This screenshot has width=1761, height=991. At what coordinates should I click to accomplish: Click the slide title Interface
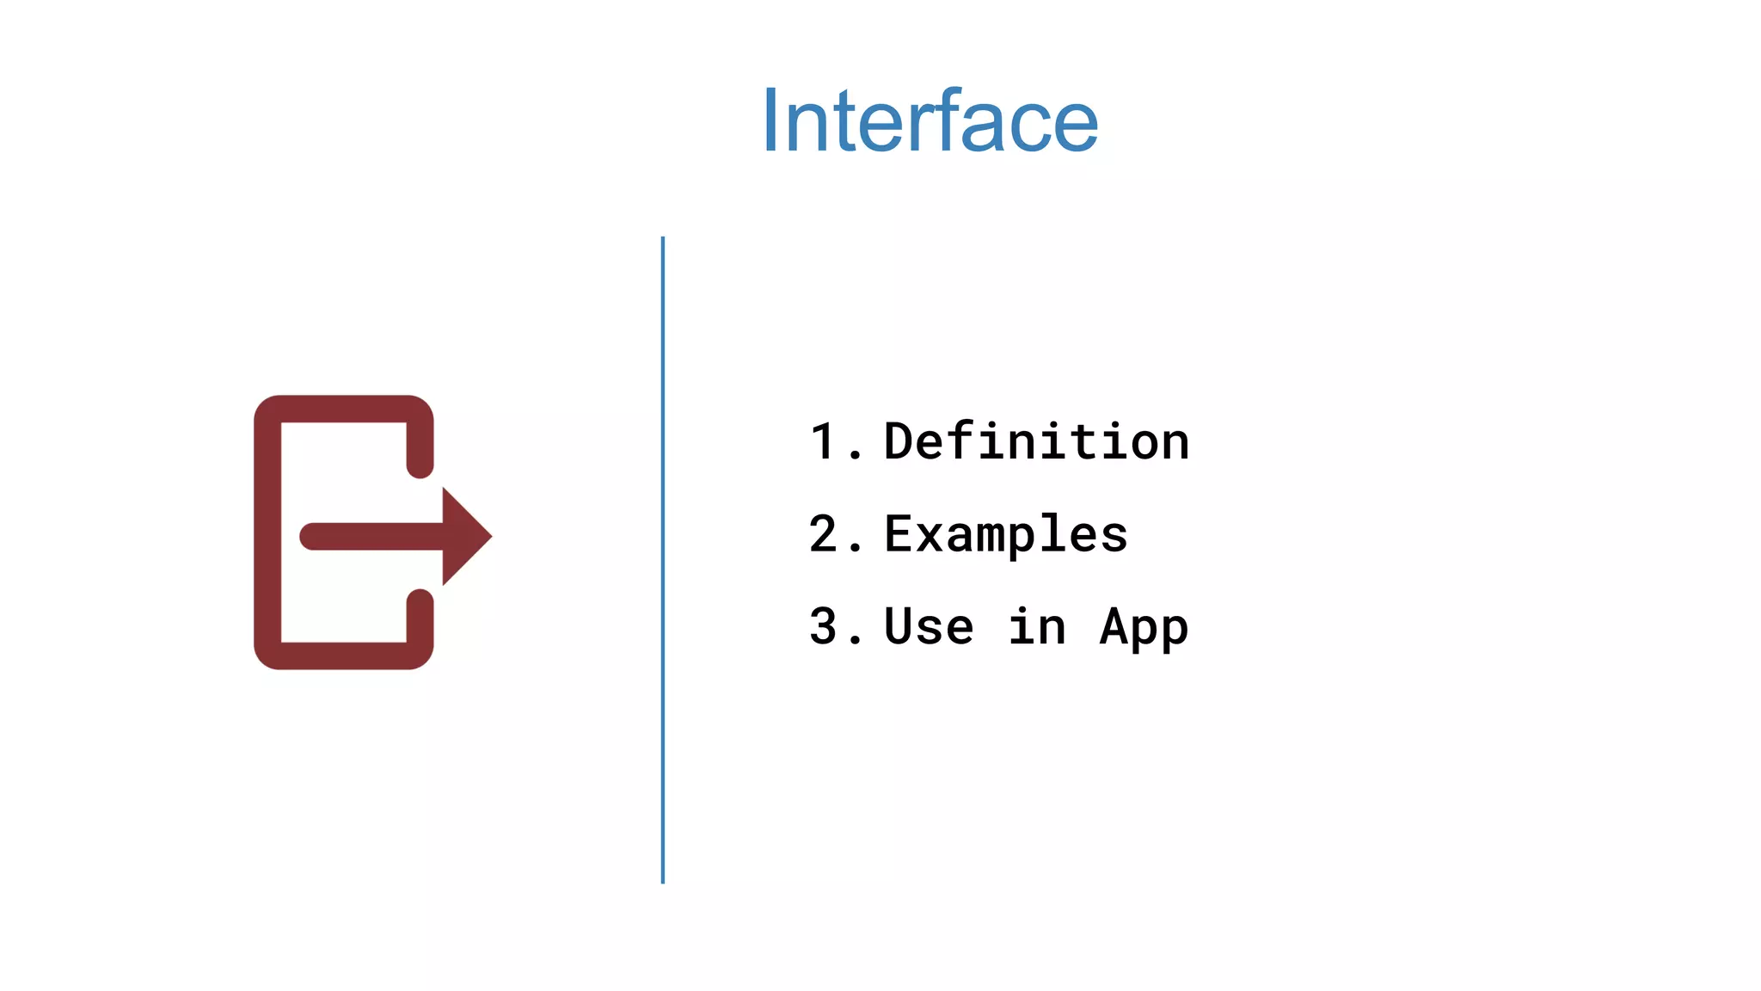tap(930, 122)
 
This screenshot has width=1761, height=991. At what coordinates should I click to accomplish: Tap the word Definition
tap(1036, 442)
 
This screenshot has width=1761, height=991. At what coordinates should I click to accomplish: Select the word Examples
tap(1005, 534)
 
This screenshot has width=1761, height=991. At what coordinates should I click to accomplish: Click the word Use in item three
tap(929, 626)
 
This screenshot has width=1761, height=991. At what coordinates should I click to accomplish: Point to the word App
tap(1144, 628)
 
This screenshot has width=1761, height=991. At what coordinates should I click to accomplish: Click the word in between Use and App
tap(1037, 626)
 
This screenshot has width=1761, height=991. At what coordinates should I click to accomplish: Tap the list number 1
tap(823, 442)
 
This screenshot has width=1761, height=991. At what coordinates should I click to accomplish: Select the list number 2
tap(823, 534)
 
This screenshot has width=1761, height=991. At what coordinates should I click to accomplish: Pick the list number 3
tap(823, 626)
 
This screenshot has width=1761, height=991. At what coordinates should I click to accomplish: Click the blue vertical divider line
tap(662, 559)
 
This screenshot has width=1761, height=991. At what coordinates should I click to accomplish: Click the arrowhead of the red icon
tap(464, 536)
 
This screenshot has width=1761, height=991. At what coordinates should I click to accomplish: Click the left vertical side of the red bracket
tap(267, 533)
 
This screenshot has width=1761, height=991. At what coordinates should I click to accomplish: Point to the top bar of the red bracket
tap(344, 409)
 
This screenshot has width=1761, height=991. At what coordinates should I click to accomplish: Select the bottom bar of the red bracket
tap(344, 656)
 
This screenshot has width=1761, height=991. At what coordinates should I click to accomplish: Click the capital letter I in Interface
tap(770, 122)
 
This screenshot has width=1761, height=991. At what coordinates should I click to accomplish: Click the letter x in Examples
tap(930, 536)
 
